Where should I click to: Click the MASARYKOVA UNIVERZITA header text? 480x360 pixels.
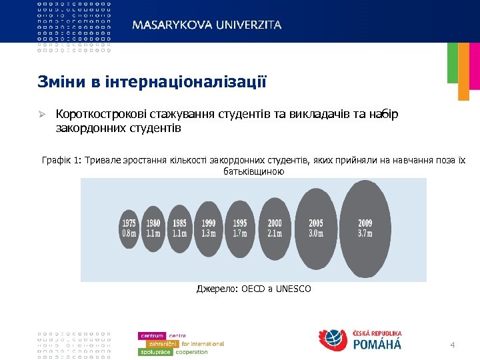[x=207, y=25]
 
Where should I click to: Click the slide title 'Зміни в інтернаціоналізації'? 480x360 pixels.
[x=151, y=83]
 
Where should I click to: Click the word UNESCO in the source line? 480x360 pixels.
[x=293, y=289]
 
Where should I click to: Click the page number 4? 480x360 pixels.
[x=453, y=345]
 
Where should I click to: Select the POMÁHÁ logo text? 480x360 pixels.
[x=376, y=345]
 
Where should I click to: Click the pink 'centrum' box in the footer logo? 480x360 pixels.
[x=153, y=335]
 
